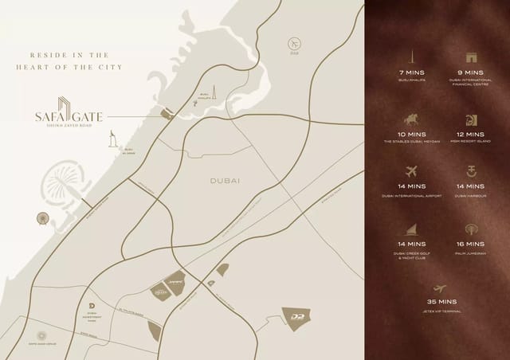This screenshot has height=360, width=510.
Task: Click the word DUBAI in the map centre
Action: click(225, 181)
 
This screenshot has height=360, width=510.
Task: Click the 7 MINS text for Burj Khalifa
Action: click(412, 72)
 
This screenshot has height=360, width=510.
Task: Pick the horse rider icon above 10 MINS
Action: click(412, 119)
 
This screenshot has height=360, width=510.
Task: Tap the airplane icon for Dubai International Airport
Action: click(412, 171)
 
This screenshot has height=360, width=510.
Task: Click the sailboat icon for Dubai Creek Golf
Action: click(412, 229)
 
